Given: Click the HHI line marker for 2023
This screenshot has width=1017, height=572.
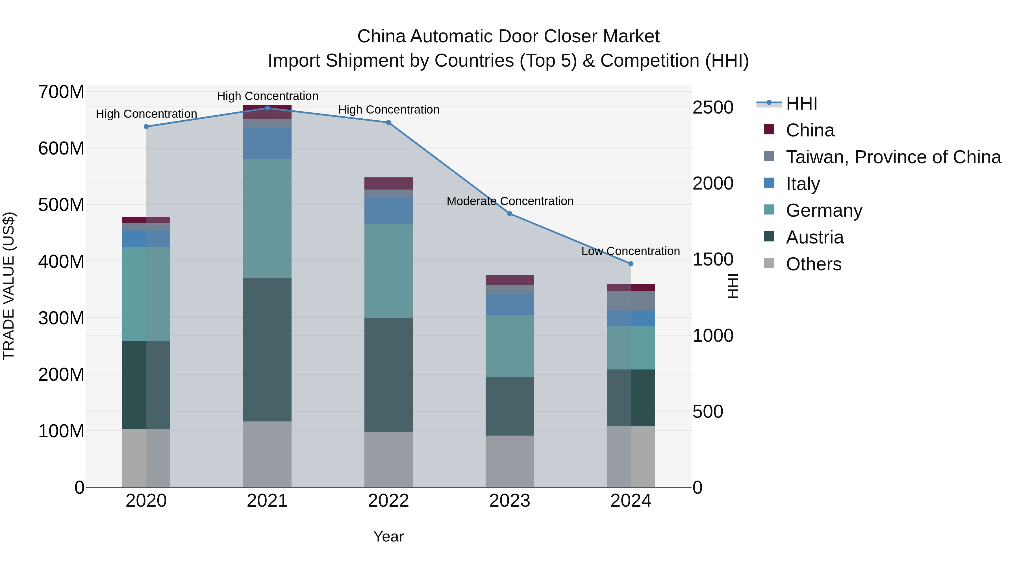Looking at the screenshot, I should pyautogui.click(x=509, y=214).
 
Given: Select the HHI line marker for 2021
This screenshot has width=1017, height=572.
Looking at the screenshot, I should pyautogui.click(x=267, y=108).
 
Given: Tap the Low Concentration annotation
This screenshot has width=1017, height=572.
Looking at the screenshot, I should pyautogui.click(x=631, y=251).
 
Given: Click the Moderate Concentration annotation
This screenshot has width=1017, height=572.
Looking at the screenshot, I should pyautogui.click(x=510, y=201).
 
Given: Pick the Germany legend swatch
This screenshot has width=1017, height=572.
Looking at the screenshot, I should pyautogui.click(x=769, y=210).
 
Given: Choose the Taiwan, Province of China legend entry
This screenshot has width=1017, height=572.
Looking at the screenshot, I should pyautogui.click(x=893, y=157).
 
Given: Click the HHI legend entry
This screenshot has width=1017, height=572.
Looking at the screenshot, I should pyautogui.click(x=801, y=103).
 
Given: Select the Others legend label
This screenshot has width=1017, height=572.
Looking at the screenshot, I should pyautogui.click(x=813, y=264).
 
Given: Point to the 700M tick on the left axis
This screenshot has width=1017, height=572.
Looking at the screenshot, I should pyautogui.click(x=61, y=92).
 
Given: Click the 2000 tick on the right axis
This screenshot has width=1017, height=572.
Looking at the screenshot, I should pyautogui.click(x=713, y=184).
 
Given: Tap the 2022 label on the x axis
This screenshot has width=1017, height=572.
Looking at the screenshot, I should pyautogui.click(x=388, y=501).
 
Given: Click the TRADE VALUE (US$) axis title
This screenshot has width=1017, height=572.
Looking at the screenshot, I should pyautogui.click(x=9, y=286).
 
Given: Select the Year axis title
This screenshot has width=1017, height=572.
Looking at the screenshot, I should pyautogui.click(x=388, y=536).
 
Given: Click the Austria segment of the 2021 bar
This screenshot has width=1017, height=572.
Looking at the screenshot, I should pyautogui.click(x=267, y=349).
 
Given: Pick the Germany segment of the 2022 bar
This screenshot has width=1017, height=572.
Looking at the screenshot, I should pyautogui.click(x=388, y=271).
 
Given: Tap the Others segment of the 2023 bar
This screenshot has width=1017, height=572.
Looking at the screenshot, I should pyautogui.click(x=509, y=461).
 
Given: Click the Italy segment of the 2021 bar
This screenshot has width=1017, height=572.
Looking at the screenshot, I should pyautogui.click(x=267, y=143).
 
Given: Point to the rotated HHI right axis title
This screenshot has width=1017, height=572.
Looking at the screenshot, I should pyautogui.click(x=733, y=286).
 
